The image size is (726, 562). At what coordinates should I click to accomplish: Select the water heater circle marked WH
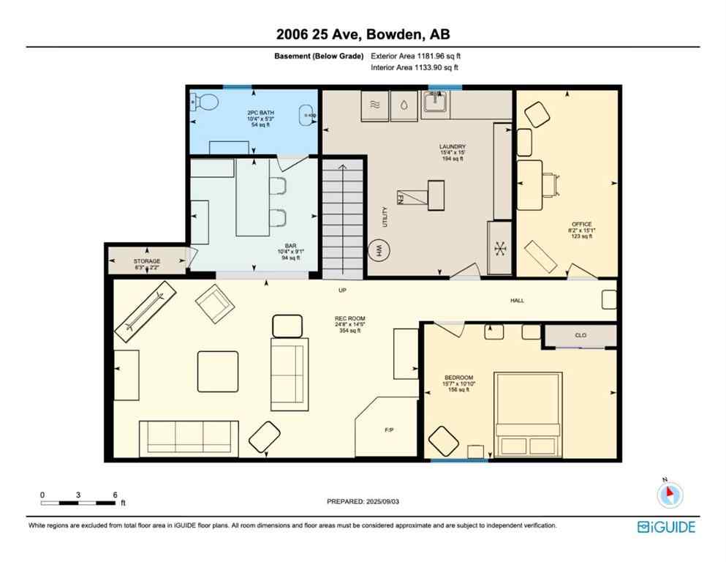tap(379, 250)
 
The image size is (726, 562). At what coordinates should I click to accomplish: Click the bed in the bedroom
tap(529, 414)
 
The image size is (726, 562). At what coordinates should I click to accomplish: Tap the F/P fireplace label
tap(390, 430)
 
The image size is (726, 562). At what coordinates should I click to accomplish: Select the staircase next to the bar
tap(342, 220)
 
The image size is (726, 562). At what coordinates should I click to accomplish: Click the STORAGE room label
tap(146, 261)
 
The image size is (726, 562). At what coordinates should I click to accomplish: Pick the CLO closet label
tap(581, 335)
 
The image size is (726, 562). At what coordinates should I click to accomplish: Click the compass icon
tap(669, 494)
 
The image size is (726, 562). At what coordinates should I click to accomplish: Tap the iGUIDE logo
tap(665, 527)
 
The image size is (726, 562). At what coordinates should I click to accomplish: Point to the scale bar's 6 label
tap(115, 495)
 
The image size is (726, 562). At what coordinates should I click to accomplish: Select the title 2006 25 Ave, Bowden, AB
tap(363, 34)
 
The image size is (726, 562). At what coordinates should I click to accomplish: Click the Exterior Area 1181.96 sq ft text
tap(416, 56)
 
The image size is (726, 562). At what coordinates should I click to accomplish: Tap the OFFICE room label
tap(582, 224)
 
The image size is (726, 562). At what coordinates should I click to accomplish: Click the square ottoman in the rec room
tap(217, 371)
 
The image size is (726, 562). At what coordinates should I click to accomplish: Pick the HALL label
tap(517, 300)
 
